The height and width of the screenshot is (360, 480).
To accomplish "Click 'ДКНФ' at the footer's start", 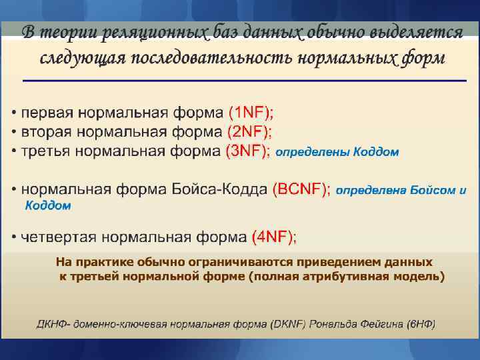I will (51, 325).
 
